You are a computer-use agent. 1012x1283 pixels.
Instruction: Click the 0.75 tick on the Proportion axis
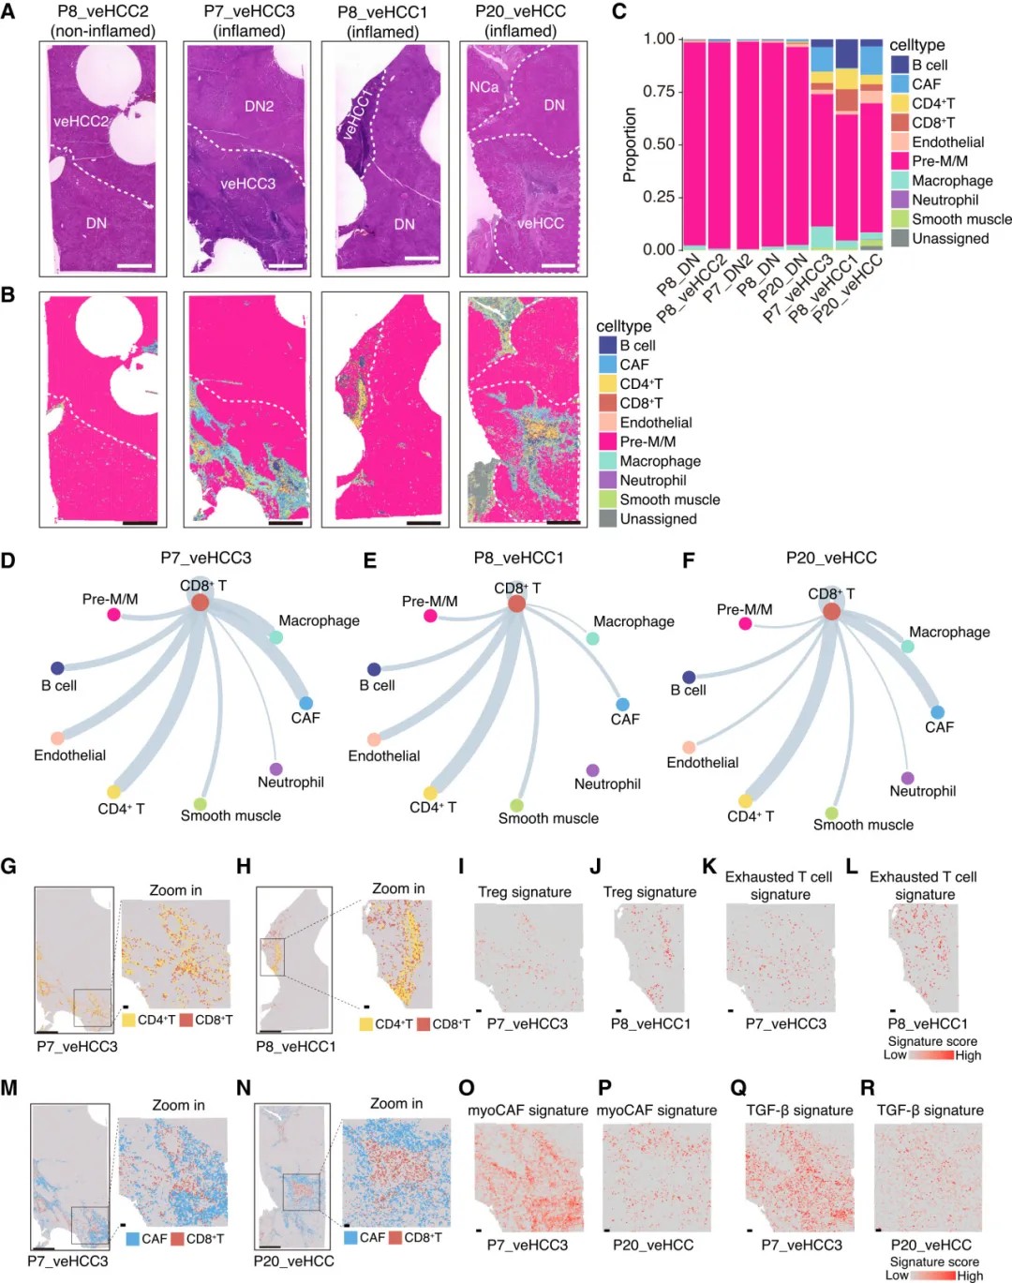click(659, 91)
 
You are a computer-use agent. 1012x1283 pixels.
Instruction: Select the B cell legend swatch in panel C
click(899, 65)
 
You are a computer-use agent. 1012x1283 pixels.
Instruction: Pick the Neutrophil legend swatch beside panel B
click(607, 480)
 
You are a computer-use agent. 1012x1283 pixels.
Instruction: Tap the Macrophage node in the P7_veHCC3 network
click(276, 637)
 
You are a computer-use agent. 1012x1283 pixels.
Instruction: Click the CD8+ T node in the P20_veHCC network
click(831, 611)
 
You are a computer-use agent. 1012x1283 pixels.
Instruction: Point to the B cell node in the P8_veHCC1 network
click(374, 669)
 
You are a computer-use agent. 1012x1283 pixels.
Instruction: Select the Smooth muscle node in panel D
click(200, 804)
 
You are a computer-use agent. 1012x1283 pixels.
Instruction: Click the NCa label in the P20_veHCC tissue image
click(484, 87)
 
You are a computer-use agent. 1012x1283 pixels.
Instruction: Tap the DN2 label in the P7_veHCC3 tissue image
click(259, 106)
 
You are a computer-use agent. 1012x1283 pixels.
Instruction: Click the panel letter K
click(709, 867)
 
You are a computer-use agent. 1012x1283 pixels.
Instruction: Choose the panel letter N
click(244, 1088)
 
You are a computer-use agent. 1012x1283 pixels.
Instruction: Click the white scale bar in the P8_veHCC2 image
click(136, 266)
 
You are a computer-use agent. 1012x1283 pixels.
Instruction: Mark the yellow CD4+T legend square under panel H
click(365, 1024)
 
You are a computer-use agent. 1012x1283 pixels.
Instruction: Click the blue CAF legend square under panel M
click(132, 1239)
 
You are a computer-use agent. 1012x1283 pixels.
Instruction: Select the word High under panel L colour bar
click(968, 1055)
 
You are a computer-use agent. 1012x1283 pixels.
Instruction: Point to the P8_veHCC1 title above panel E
click(518, 558)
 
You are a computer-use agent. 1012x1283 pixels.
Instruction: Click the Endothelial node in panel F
click(689, 747)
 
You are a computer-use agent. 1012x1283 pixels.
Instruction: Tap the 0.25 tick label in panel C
click(659, 197)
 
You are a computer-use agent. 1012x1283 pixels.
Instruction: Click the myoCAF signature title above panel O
click(528, 1111)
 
